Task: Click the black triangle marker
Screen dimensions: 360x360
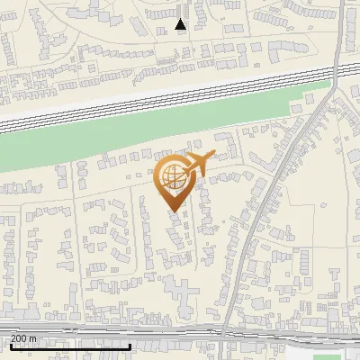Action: click(x=181, y=24)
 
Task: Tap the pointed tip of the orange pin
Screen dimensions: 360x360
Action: click(x=173, y=211)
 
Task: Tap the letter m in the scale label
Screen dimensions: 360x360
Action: click(x=33, y=338)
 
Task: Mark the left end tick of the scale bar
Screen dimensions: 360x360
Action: click(x=10, y=345)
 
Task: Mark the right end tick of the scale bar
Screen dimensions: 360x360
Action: click(x=131, y=345)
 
